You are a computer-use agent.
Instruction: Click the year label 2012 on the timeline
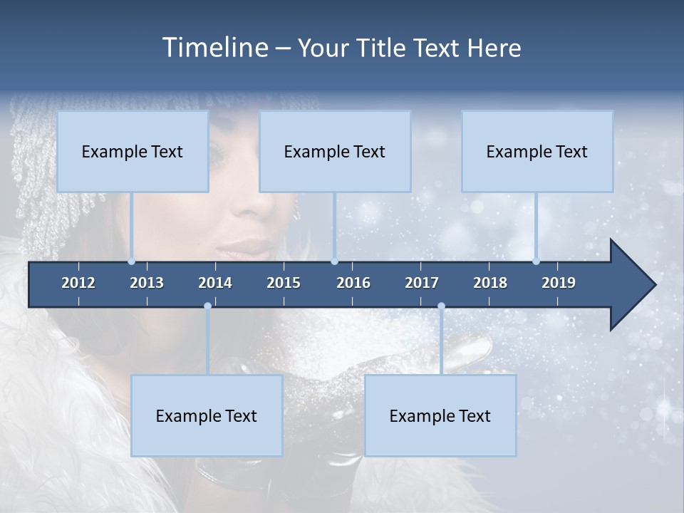[78, 283]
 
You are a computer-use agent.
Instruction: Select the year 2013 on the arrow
[147, 283]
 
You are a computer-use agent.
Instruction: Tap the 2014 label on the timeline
[215, 283]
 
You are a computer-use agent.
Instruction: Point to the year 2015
[284, 283]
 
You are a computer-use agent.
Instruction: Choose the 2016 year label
[353, 283]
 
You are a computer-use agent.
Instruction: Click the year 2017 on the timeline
[422, 283]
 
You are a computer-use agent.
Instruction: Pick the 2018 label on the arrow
[490, 283]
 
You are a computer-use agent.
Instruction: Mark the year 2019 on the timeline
[559, 283]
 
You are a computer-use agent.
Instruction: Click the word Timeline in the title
[214, 48]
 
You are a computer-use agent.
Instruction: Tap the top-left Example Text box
[133, 151]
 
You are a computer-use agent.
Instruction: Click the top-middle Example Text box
[335, 151]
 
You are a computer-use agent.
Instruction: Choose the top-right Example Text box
[537, 151]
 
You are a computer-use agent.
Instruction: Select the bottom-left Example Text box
[207, 415]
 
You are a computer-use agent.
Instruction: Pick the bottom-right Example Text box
[440, 415]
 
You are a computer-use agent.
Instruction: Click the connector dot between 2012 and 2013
[131, 261]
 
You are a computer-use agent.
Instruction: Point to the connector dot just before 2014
[207, 306]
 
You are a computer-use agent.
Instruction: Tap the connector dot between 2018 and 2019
[536, 261]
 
